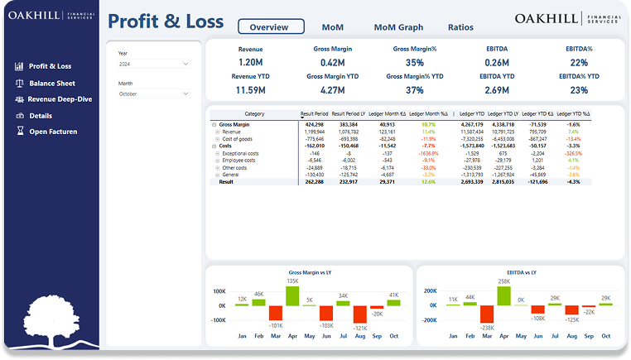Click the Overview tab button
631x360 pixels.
click(271, 26)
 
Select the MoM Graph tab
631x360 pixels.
click(398, 26)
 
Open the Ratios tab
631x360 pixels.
click(460, 26)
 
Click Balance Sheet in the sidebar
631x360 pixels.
click(51, 83)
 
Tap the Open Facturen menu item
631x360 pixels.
click(53, 132)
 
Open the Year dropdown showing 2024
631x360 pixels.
click(154, 64)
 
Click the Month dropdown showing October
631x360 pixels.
click(154, 94)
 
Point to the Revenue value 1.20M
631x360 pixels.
click(250, 62)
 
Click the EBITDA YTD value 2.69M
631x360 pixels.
click(497, 90)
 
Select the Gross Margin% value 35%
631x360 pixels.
click(415, 62)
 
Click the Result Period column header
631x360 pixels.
click(314, 113)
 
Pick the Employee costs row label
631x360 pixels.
click(240, 160)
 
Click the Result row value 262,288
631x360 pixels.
click(314, 182)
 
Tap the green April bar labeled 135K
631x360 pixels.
click(292, 295)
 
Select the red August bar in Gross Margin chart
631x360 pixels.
click(359, 314)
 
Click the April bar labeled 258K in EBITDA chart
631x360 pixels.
click(504, 295)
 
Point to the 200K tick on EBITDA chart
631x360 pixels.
click(429, 291)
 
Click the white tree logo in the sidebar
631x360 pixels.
click(51, 319)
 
